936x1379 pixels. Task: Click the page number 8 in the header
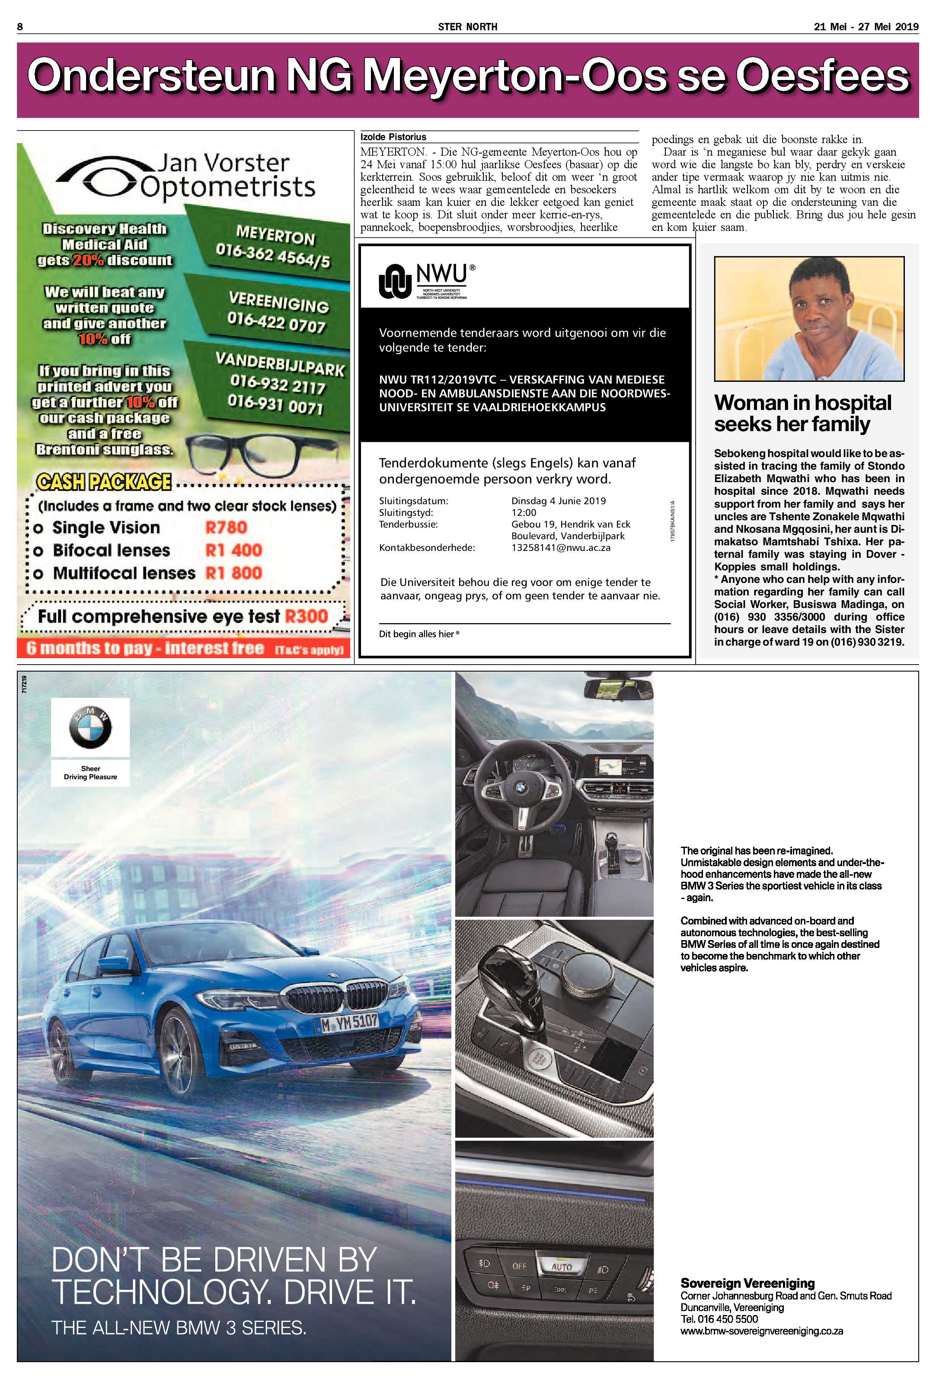click(20, 27)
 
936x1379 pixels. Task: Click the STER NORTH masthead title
click(467, 27)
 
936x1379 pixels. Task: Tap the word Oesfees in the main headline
click(822, 76)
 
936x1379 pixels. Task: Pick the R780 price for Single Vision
click(226, 527)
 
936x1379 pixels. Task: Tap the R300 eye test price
click(306, 616)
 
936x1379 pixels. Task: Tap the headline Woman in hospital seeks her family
click(802, 413)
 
